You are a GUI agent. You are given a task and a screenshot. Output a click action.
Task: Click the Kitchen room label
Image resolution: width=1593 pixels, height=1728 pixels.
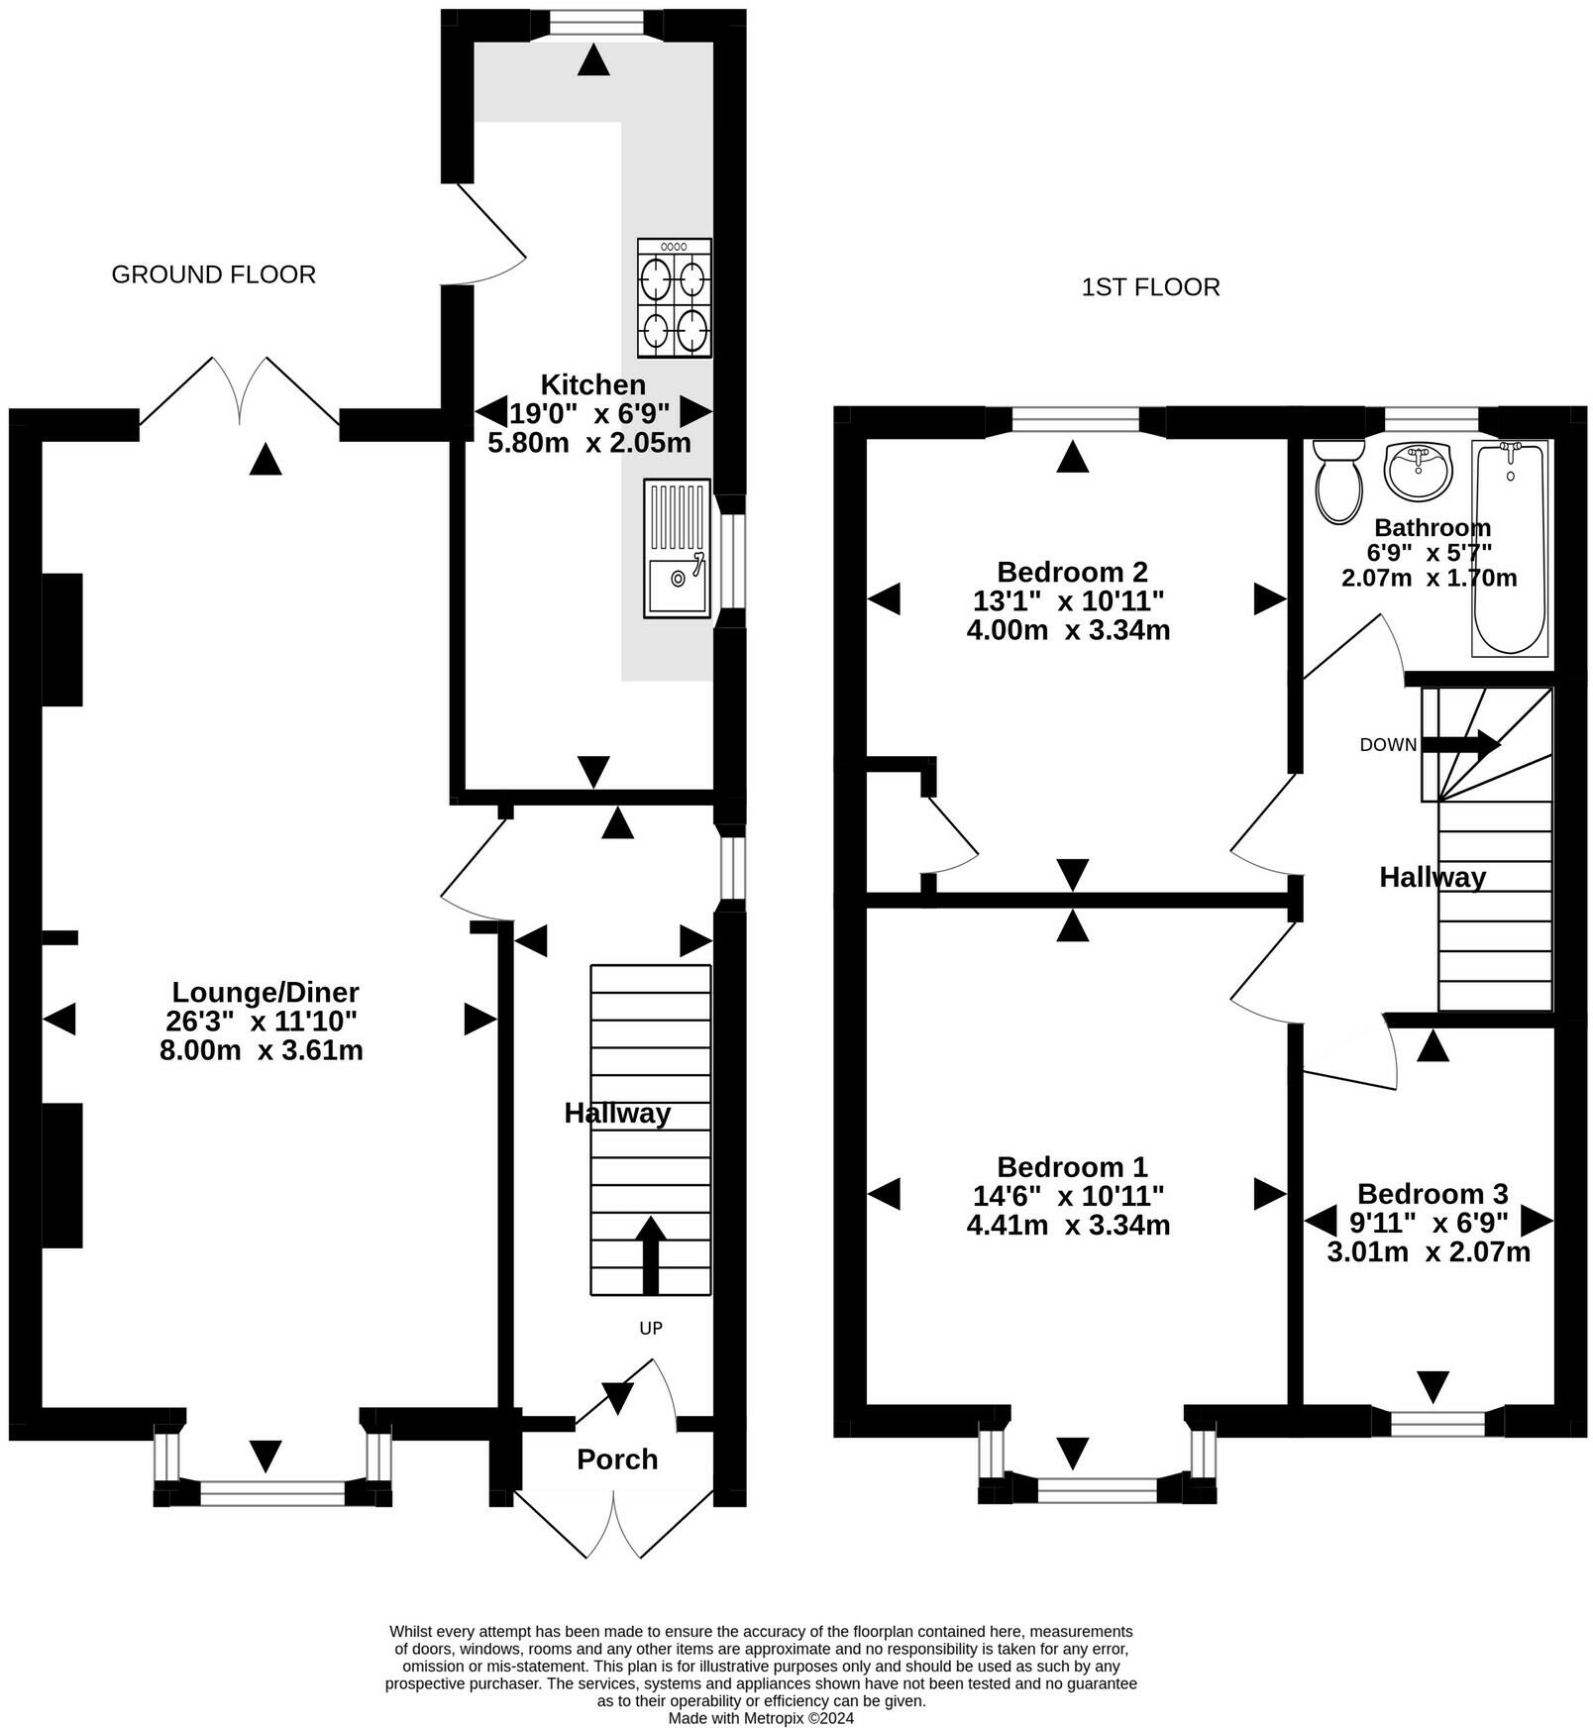(x=592, y=384)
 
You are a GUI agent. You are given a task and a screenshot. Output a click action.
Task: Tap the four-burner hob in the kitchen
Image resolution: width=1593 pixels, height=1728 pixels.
(x=674, y=297)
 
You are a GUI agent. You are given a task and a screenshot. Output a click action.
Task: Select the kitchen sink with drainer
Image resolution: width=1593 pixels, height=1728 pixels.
(x=678, y=548)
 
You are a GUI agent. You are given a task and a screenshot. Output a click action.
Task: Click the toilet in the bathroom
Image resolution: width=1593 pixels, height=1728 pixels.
(x=1337, y=481)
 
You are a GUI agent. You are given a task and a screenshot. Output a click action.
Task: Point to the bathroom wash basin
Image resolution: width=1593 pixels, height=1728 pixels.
(x=1418, y=472)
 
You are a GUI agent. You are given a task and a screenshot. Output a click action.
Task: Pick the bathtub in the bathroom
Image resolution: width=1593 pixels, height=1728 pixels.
(x=1510, y=548)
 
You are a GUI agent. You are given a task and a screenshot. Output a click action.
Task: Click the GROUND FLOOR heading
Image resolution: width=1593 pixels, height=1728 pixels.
(x=214, y=274)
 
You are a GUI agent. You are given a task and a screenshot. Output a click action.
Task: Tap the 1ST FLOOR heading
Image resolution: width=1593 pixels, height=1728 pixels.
(x=1151, y=287)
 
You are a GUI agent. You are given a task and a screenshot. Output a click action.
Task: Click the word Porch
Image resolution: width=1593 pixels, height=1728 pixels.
(x=617, y=1458)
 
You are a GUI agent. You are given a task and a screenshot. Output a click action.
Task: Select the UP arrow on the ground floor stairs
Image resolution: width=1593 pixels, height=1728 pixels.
(x=650, y=1255)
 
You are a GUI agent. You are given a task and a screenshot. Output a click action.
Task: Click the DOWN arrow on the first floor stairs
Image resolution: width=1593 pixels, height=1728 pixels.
(x=1462, y=744)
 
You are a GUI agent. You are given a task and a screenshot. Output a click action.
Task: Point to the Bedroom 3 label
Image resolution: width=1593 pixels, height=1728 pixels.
(x=1433, y=1193)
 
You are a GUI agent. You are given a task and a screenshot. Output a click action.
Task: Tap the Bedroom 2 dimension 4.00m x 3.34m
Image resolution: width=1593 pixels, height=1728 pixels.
(x=1069, y=630)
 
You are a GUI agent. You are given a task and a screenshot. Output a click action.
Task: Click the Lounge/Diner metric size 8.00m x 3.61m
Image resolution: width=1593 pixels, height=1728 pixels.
(x=262, y=1050)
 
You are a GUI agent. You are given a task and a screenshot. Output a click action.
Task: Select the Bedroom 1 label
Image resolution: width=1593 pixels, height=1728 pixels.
(x=1072, y=1166)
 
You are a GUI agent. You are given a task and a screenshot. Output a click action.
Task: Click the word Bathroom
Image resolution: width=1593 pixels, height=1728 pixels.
(x=1433, y=527)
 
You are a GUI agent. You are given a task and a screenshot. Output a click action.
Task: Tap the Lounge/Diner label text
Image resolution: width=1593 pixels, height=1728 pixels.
(x=265, y=992)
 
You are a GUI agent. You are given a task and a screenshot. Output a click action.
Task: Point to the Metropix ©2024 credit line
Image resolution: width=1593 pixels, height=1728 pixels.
(x=761, y=1718)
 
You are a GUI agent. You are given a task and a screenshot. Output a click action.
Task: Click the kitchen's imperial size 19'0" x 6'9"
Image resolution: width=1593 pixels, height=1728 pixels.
(x=590, y=412)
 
